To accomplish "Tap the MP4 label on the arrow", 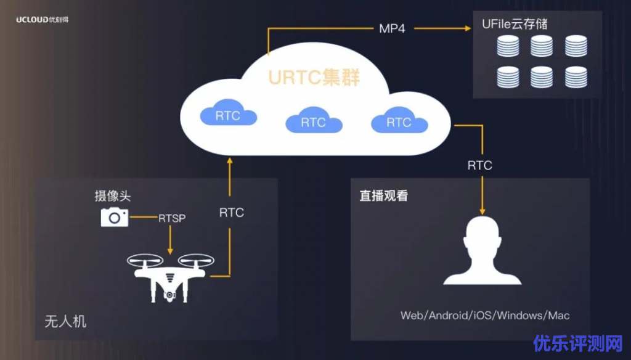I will (x=392, y=28).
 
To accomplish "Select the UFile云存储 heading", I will (x=515, y=25).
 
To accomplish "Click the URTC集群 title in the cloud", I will (x=314, y=78).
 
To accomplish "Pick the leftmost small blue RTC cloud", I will (x=228, y=115).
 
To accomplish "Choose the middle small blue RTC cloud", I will (x=313, y=121).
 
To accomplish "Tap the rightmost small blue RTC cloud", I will (x=399, y=121).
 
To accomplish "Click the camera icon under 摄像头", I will (x=115, y=216).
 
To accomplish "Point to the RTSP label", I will (x=172, y=218).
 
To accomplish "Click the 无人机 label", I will (x=65, y=322).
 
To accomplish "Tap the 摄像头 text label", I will (x=113, y=196).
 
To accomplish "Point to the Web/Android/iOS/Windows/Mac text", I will (x=485, y=316).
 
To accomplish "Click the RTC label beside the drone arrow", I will (x=231, y=213).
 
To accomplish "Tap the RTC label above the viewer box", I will (x=479, y=165).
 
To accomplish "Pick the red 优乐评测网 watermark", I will (x=579, y=343).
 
